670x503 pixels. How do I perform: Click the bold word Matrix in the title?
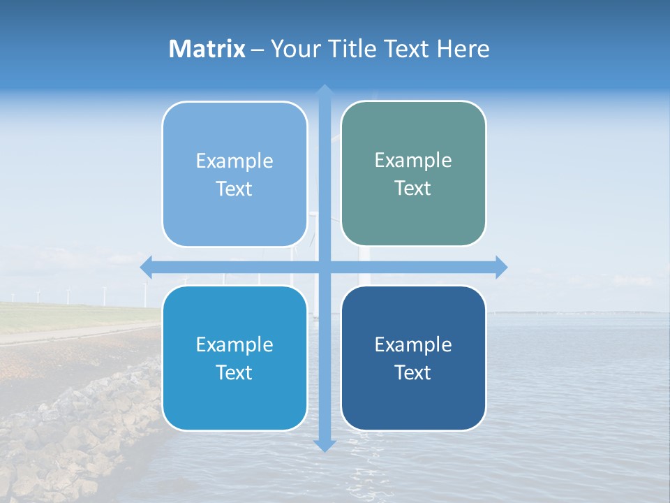point(207,49)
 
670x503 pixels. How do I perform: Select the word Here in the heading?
point(463,49)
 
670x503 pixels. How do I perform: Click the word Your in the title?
point(294,49)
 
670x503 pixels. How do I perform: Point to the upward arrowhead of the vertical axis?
point(325,91)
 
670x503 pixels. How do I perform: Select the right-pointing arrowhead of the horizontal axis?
point(500,267)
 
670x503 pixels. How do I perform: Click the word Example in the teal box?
point(413,160)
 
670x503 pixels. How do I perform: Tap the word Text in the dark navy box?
point(413,372)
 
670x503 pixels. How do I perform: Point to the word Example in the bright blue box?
point(234,344)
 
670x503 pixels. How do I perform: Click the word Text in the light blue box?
point(234,189)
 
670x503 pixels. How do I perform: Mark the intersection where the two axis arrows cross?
point(325,267)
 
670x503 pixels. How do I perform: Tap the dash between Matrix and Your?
point(258,50)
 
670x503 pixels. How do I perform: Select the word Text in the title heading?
point(405,49)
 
